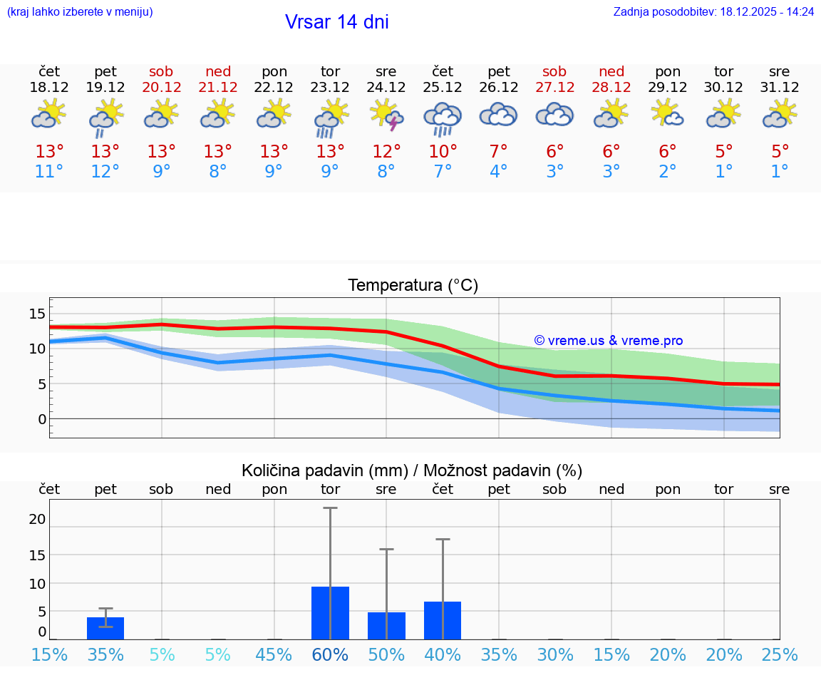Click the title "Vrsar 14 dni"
[x=336, y=22]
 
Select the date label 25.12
[x=443, y=88]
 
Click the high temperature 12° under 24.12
[x=386, y=151]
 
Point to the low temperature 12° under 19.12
[x=105, y=172]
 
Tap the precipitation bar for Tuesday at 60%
[x=330, y=613]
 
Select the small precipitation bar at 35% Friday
[x=105, y=628]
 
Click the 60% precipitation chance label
[x=330, y=655]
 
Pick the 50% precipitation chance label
[x=386, y=655]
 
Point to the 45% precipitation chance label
[x=274, y=655]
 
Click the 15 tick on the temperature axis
[x=37, y=314]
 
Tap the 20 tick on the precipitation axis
[x=37, y=520]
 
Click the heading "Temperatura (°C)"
[x=413, y=286]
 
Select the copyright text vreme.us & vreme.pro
[x=609, y=341]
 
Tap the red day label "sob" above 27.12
[x=554, y=71]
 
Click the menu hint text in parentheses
[x=80, y=11]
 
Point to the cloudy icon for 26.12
[x=499, y=115]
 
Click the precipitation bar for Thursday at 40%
[x=443, y=620]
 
